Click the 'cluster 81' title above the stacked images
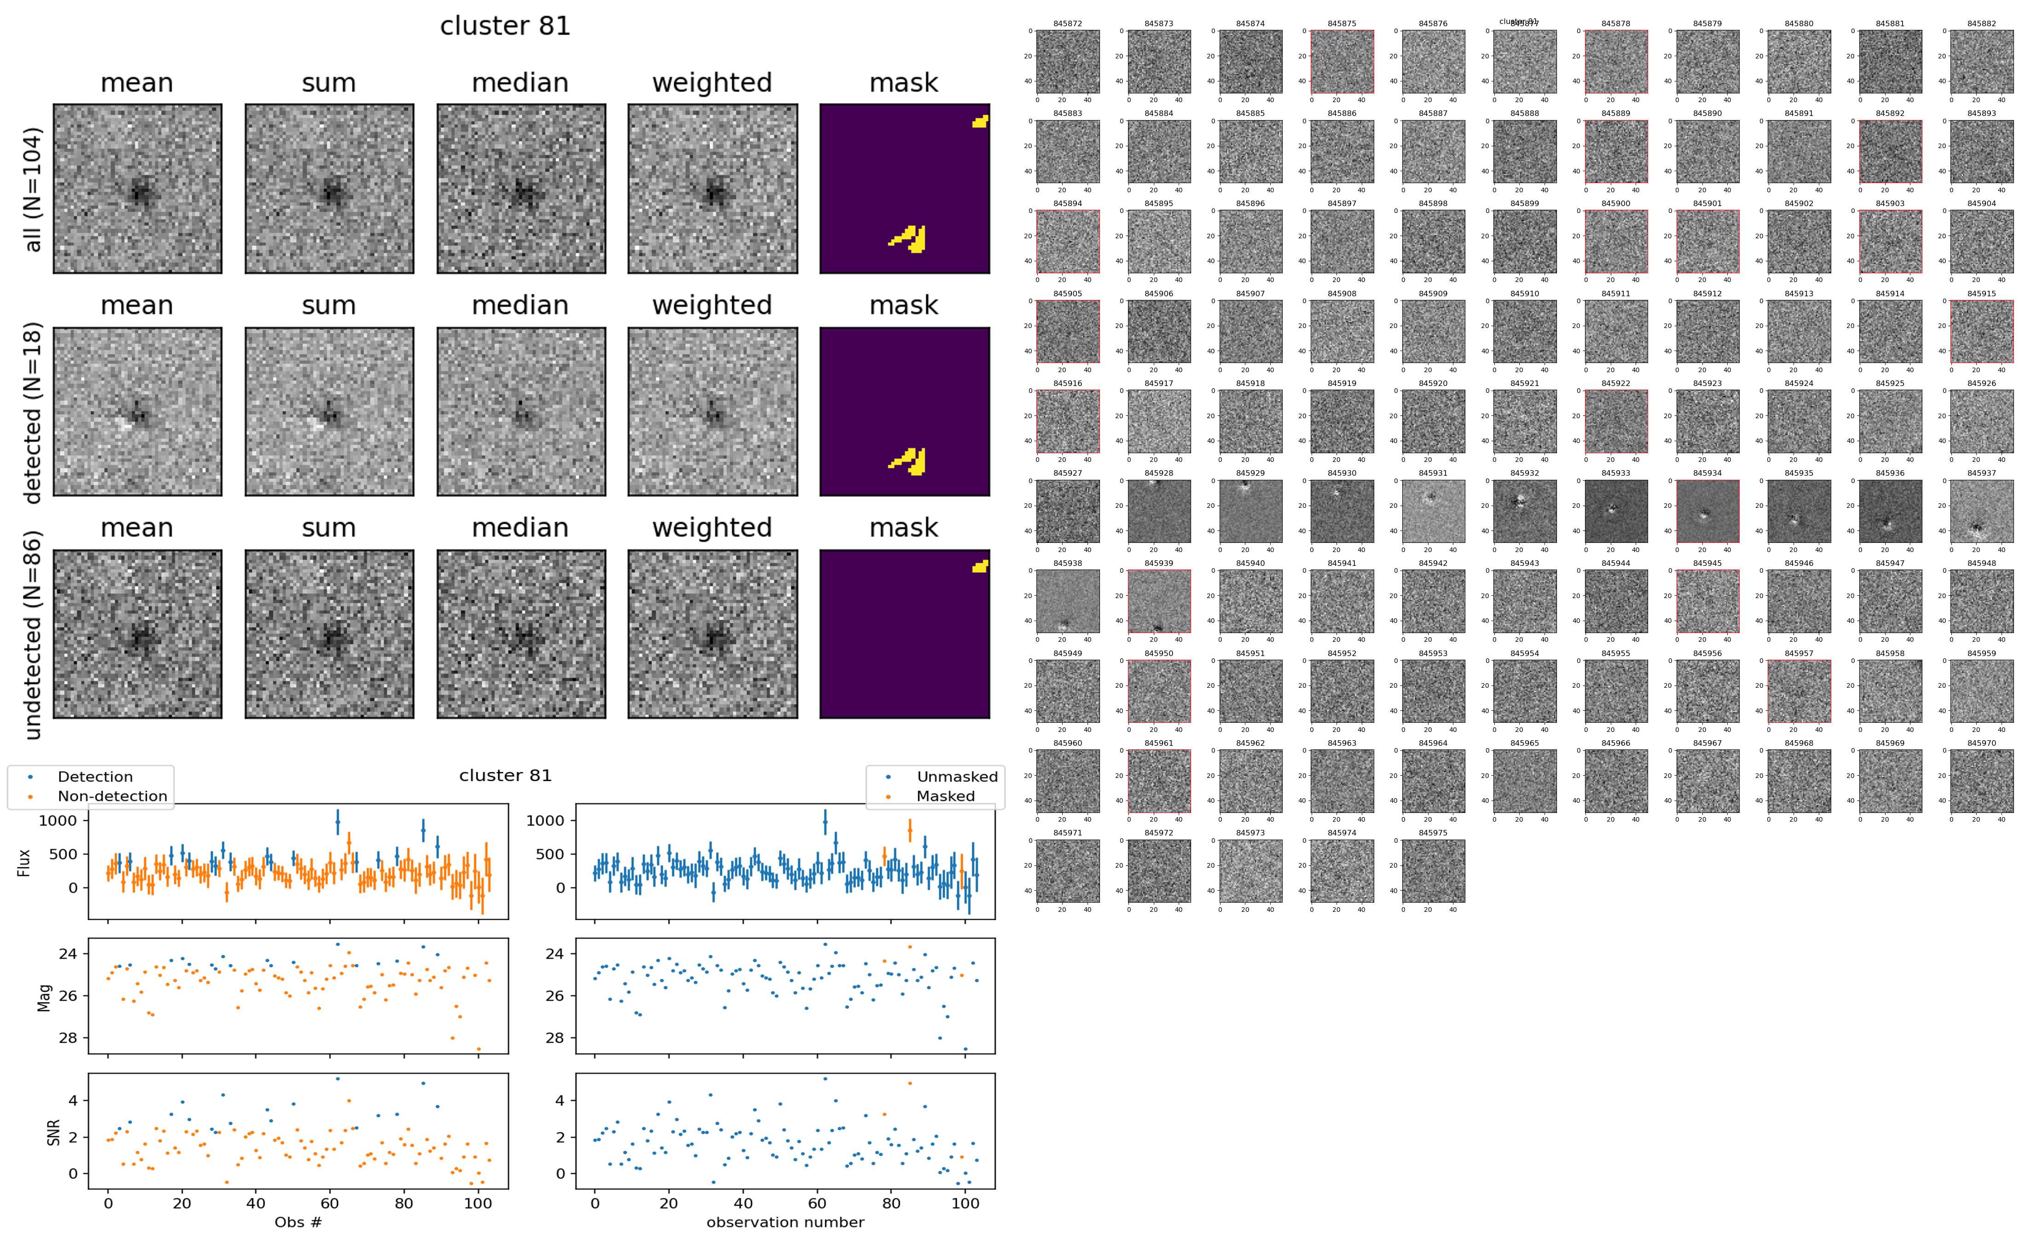tap(505, 26)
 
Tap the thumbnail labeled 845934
tap(1707, 511)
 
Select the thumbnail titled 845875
tap(1342, 62)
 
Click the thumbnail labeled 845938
tap(1068, 601)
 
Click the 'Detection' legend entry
tap(95, 777)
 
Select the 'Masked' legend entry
tap(945, 796)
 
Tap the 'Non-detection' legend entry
tap(112, 796)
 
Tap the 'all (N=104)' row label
tap(33, 189)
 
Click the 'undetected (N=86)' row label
tap(33, 634)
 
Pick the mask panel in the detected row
tap(904, 411)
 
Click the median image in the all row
tap(521, 189)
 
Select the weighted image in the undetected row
tap(712, 634)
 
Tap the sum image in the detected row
tap(329, 411)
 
